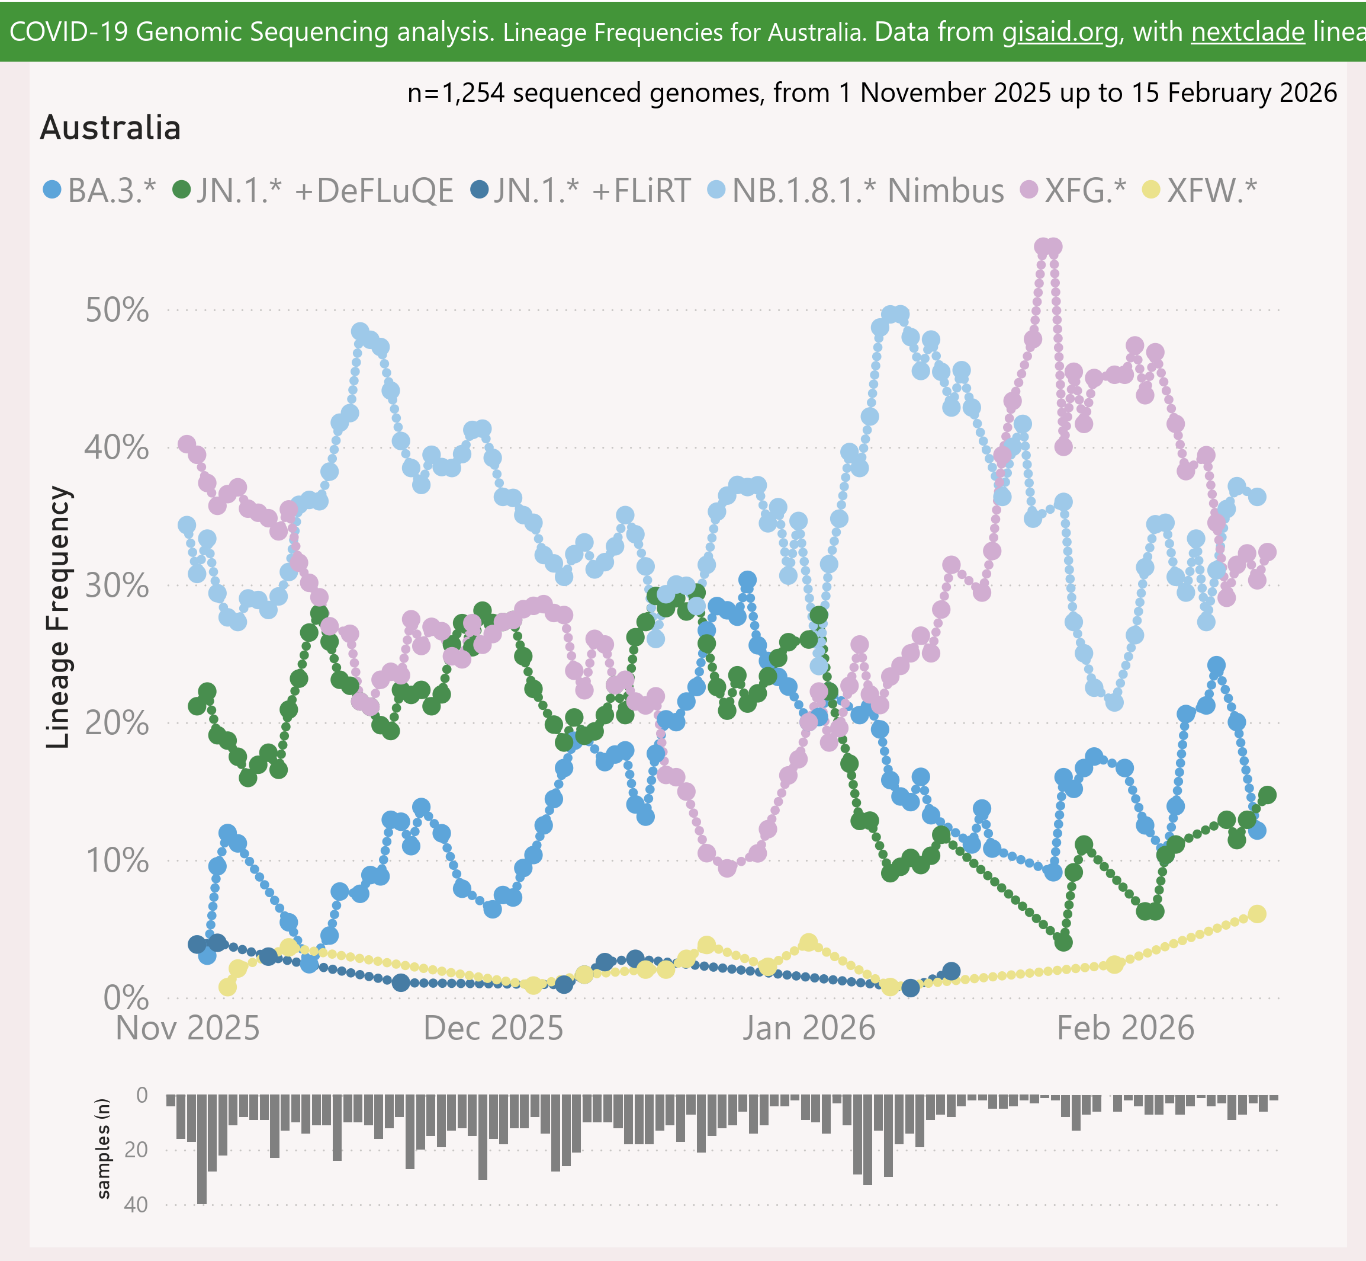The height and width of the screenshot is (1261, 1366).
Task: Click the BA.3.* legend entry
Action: (99, 190)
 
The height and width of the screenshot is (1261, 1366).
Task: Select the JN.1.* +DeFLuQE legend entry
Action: (314, 190)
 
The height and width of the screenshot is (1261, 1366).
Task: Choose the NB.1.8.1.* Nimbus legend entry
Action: (856, 190)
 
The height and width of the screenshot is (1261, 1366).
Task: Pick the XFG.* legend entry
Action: (1073, 190)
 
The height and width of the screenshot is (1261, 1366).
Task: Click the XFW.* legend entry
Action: (1200, 190)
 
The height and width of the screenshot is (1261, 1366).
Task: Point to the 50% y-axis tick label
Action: (117, 311)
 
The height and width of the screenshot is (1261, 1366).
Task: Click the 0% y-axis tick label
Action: (126, 998)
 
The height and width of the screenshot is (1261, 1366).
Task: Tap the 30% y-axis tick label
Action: (117, 585)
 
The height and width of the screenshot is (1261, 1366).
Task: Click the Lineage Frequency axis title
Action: (58, 617)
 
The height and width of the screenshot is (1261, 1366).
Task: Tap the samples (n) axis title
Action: (103, 1148)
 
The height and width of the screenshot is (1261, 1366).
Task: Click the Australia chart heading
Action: (111, 127)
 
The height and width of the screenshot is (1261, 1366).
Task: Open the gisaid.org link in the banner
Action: (1060, 32)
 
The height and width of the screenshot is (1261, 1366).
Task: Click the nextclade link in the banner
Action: (1248, 32)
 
